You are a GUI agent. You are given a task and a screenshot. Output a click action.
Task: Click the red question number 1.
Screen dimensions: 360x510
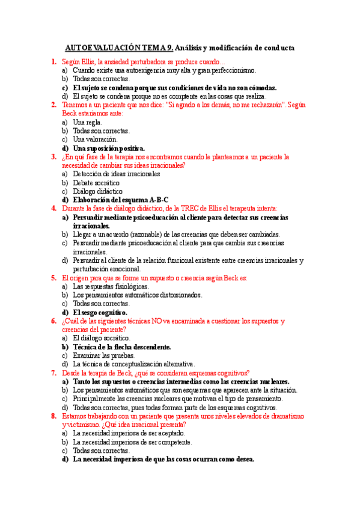coord(54,62)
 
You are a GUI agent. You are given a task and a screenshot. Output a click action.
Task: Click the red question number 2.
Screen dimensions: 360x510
coord(54,105)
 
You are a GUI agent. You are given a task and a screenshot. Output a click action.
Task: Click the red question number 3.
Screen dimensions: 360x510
coord(54,157)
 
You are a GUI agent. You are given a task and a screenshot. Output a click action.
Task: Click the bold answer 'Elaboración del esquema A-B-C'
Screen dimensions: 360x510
coord(120,200)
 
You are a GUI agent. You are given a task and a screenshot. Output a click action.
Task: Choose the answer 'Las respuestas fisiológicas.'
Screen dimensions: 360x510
coord(111,287)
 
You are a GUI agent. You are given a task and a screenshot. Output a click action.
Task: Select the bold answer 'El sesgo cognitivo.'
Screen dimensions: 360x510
coord(100,313)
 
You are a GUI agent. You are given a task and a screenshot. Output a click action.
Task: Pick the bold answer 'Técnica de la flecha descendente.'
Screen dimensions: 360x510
coord(121,347)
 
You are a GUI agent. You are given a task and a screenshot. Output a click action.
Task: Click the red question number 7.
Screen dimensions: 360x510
coord(54,373)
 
